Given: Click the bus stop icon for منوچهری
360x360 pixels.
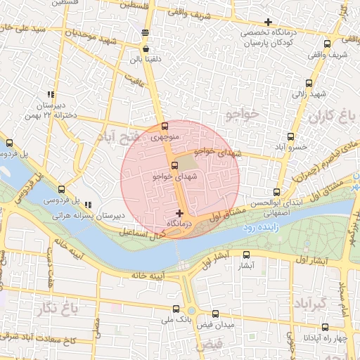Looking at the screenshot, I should tap(165, 127).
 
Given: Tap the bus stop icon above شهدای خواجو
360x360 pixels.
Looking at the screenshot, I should tap(174, 165).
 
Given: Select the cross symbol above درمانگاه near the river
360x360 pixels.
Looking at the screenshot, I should tap(180, 212).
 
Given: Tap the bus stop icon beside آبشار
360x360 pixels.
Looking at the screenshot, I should tap(245, 255).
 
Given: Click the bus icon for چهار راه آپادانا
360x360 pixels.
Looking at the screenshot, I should tap(326, 327).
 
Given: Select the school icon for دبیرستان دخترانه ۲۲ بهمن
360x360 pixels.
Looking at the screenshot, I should tap(50, 94).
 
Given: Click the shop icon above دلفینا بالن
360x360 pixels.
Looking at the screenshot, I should tap(146, 49).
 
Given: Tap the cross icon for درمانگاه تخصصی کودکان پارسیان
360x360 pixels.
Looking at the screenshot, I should tap(267, 22).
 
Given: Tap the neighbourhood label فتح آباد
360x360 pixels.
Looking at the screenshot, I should tap(120, 136).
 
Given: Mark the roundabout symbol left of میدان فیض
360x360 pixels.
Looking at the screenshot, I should tap(191, 310).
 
